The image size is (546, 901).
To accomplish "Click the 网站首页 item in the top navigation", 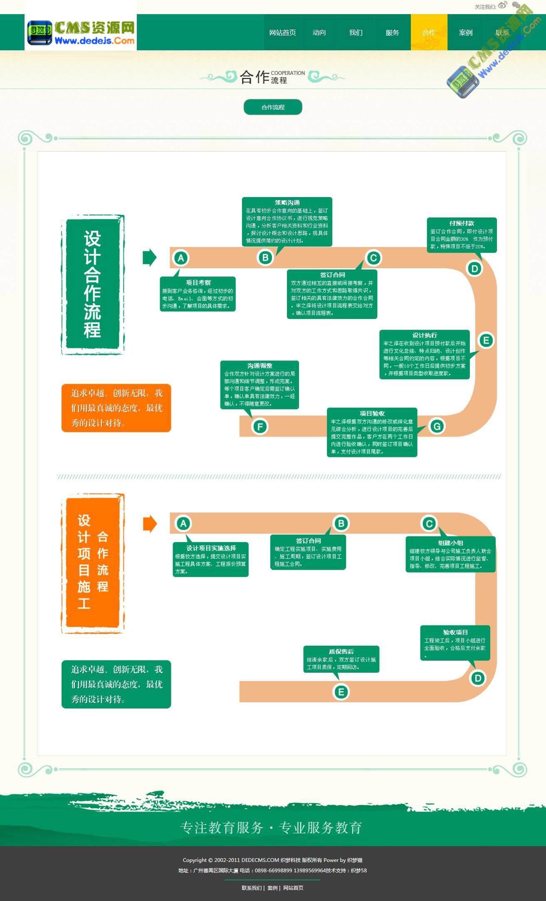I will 282,33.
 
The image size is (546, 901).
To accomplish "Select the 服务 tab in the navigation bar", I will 392,33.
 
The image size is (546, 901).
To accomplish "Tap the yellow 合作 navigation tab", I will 429,33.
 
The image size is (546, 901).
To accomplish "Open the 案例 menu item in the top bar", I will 465,33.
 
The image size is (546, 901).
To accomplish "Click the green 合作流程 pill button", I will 273,107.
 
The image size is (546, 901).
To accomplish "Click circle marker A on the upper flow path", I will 181,258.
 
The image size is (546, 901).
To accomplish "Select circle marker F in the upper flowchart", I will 260,427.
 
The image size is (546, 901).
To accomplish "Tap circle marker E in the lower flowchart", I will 341,692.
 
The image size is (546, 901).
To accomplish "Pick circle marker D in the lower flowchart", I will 478,679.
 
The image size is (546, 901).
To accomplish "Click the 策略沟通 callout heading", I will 287,202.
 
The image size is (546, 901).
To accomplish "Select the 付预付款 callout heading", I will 462,223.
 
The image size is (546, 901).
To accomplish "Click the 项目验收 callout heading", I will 372,413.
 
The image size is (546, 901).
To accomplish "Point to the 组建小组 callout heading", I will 450,543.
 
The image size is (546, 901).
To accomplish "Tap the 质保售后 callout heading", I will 341,652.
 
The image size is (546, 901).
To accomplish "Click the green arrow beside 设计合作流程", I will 149,257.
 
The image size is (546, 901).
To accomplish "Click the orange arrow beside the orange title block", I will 150,523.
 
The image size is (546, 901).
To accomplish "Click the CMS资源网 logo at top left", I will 81,33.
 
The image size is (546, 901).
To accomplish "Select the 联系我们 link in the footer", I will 252,888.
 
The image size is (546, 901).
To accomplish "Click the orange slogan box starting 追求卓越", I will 116,408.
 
